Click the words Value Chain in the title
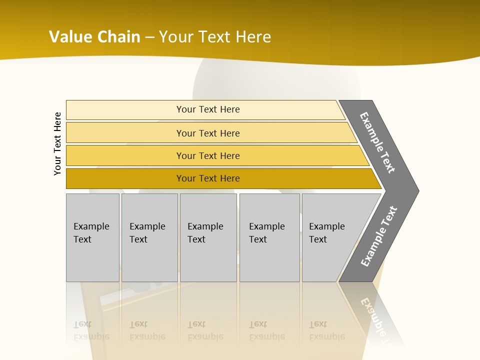pyautogui.click(x=94, y=36)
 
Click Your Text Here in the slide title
pyautogui.click(x=215, y=36)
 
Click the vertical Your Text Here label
pyautogui.click(x=57, y=143)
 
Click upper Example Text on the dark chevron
pyautogui.click(x=377, y=143)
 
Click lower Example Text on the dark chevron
pyautogui.click(x=378, y=236)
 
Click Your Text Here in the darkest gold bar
pyautogui.click(x=208, y=178)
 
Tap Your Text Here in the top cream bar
pyautogui.click(x=208, y=109)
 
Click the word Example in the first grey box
pyautogui.click(x=91, y=226)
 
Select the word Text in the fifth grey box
pyautogui.click(x=317, y=239)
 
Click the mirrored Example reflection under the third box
pyautogui.click(x=205, y=336)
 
